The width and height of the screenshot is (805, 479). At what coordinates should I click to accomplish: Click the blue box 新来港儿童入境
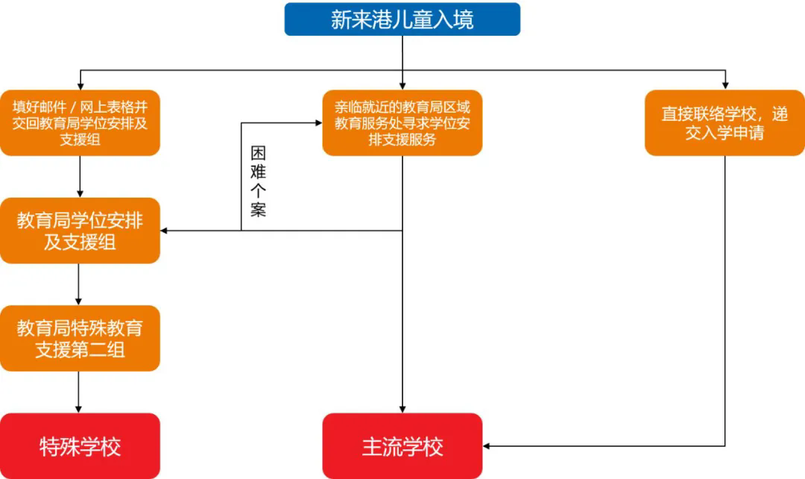[402, 19]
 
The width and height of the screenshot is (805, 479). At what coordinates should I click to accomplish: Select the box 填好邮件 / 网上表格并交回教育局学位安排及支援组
[80, 123]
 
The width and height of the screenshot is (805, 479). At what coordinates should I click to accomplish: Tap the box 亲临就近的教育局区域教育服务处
[402, 123]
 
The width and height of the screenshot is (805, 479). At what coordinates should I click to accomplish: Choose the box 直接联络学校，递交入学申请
[724, 123]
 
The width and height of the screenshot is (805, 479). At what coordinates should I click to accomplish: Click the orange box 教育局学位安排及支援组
[80, 231]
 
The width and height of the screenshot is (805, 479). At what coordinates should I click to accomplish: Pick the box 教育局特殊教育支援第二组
[80, 338]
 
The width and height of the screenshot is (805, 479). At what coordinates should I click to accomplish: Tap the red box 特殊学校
[80, 446]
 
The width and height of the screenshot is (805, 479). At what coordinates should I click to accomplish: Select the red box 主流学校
[402, 446]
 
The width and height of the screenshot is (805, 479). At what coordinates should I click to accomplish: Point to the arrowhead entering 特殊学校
[80, 409]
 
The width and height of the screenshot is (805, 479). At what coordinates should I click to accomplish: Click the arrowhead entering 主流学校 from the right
[487, 446]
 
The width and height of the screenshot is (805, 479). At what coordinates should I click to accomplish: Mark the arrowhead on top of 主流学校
[402, 409]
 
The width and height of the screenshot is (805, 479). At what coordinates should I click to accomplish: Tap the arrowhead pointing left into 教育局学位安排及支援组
[165, 231]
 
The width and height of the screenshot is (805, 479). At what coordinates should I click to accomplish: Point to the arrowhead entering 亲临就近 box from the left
[318, 123]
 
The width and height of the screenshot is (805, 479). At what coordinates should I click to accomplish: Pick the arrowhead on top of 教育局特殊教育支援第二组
[80, 301]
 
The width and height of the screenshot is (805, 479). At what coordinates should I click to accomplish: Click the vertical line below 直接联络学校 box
[724, 298]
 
